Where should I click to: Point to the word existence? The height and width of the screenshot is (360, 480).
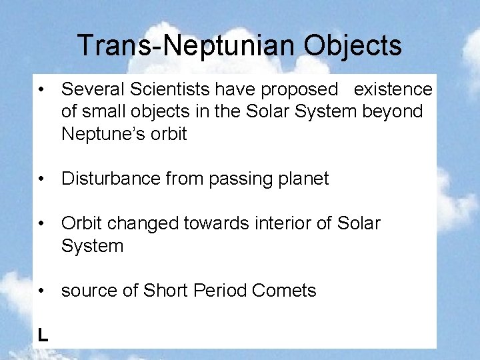pyautogui.click(x=393, y=89)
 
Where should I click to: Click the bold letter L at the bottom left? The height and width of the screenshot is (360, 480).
pyautogui.click(x=43, y=335)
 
